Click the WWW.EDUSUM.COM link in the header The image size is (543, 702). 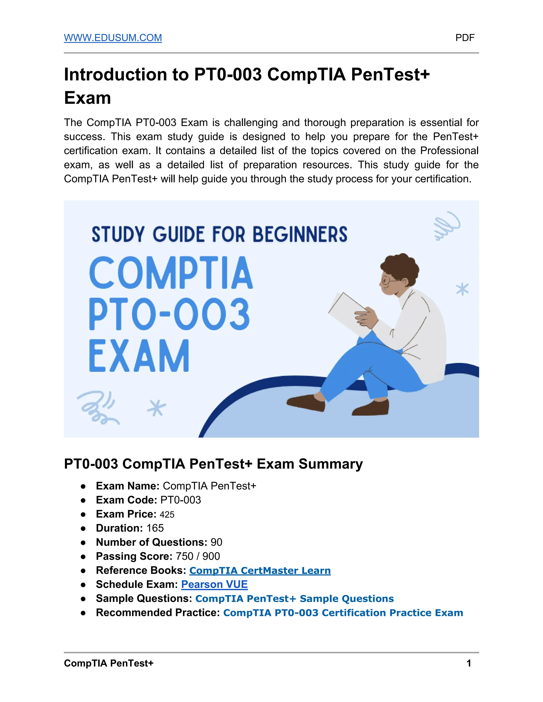coord(113,38)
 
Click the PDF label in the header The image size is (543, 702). coord(465,38)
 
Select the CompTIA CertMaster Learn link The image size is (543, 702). coord(260,570)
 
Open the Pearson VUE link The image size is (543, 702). coord(214,584)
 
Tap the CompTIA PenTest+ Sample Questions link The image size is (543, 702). coord(294,598)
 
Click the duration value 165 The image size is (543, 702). coord(155,528)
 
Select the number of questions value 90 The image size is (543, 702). coord(216,542)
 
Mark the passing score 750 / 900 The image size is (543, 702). coord(198,556)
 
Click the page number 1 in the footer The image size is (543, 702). coord(469,663)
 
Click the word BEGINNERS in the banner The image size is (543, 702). coord(300,234)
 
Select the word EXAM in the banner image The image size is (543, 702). coord(139,356)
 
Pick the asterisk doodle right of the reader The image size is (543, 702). coord(462,289)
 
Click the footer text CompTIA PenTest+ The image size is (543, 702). coord(109,663)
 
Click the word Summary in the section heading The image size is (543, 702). coord(330,464)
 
